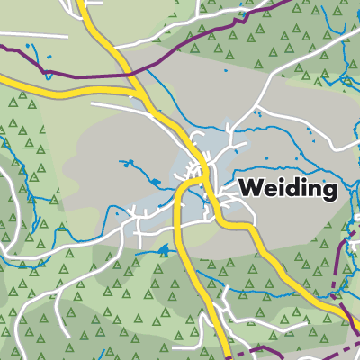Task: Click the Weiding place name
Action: [288, 191]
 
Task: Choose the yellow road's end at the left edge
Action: [3, 79]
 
